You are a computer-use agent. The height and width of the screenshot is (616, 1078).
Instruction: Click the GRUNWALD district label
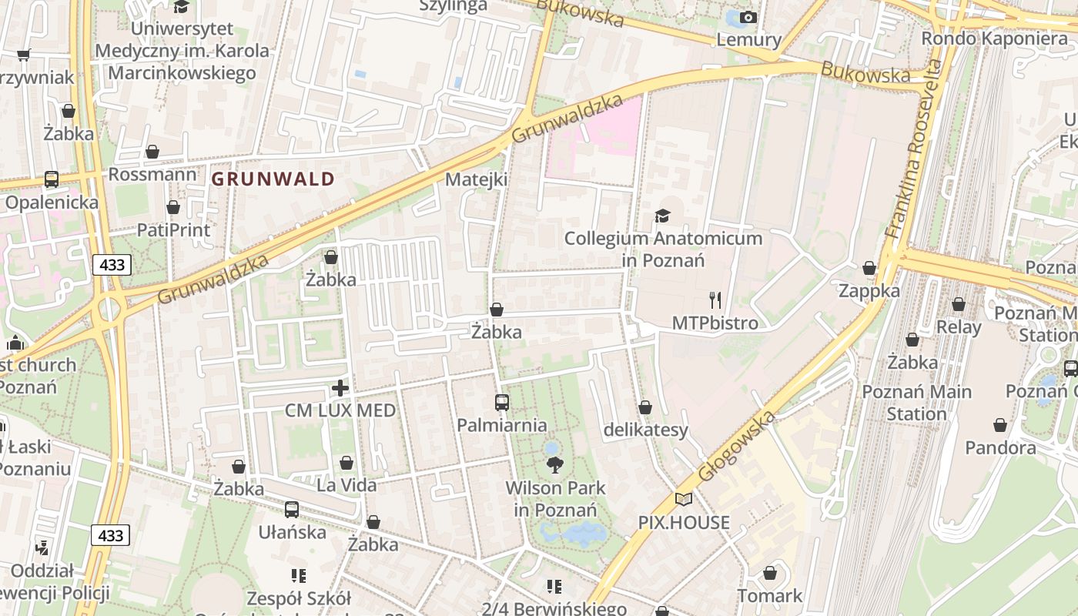click(x=273, y=179)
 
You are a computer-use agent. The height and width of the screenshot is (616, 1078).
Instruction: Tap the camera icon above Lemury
click(x=748, y=17)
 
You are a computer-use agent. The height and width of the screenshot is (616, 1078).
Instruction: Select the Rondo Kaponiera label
click(x=994, y=38)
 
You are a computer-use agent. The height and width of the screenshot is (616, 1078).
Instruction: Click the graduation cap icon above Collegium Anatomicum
click(x=662, y=216)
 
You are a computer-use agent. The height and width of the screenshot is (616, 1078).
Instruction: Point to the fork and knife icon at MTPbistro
click(x=715, y=300)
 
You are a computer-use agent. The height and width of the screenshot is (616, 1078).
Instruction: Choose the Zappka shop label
click(x=869, y=291)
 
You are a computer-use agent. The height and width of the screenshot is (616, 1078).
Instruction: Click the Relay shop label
click(x=959, y=326)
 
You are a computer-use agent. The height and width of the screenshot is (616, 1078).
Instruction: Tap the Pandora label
click(x=1000, y=447)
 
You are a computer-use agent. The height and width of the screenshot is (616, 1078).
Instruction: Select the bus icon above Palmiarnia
click(x=501, y=402)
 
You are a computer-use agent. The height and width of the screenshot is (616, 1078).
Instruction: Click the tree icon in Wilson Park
click(x=554, y=464)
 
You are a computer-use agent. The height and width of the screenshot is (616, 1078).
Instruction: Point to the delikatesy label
click(x=645, y=430)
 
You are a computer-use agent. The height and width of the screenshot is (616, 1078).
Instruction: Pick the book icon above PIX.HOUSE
click(x=683, y=499)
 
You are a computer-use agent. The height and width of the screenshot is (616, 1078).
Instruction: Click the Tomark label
click(x=769, y=595)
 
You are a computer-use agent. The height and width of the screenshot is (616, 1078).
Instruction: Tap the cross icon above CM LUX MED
click(x=340, y=387)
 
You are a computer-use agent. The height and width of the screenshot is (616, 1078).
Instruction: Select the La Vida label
click(x=346, y=485)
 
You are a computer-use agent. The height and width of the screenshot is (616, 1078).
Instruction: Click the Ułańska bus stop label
click(x=292, y=532)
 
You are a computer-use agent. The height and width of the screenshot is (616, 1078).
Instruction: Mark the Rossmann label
click(x=152, y=174)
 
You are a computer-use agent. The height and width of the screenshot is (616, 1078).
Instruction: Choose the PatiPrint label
click(x=173, y=229)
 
